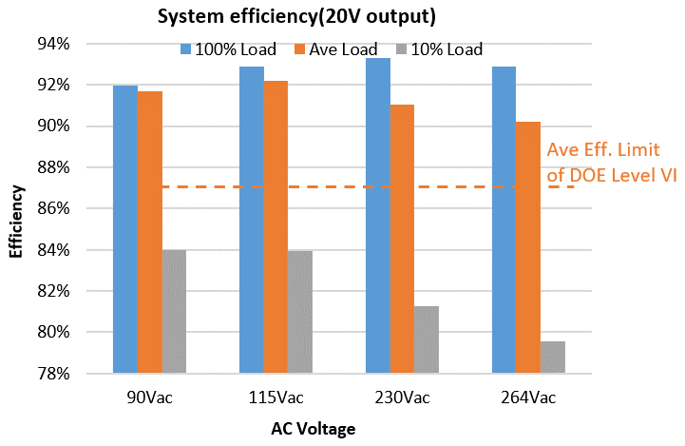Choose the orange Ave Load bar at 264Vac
[x=528, y=247]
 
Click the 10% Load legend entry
[x=440, y=49]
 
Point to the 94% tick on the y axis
[x=53, y=44]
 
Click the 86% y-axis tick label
[x=53, y=209]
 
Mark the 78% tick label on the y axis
[x=53, y=374]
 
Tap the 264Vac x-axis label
[x=528, y=396]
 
